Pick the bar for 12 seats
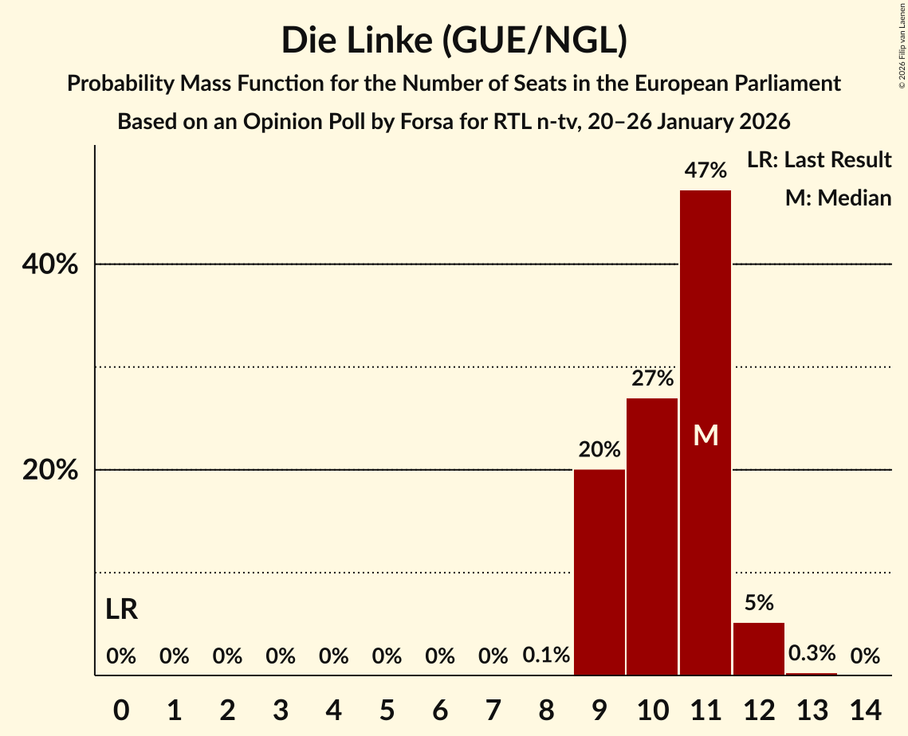[x=759, y=648]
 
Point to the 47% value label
[x=706, y=170]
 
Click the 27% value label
[x=652, y=378]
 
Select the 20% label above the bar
[x=599, y=450]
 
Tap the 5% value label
[x=759, y=603]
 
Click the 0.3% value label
[x=812, y=654]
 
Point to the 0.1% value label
[x=546, y=656]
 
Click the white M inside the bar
[x=706, y=435]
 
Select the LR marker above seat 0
[x=121, y=610]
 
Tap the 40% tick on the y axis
[x=50, y=264]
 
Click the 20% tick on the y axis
[x=50, y=470]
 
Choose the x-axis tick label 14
[x=865, y=708]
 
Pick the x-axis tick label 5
[x=387, y=708]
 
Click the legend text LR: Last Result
[x=819, y=160]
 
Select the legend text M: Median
[x=838, y=198]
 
